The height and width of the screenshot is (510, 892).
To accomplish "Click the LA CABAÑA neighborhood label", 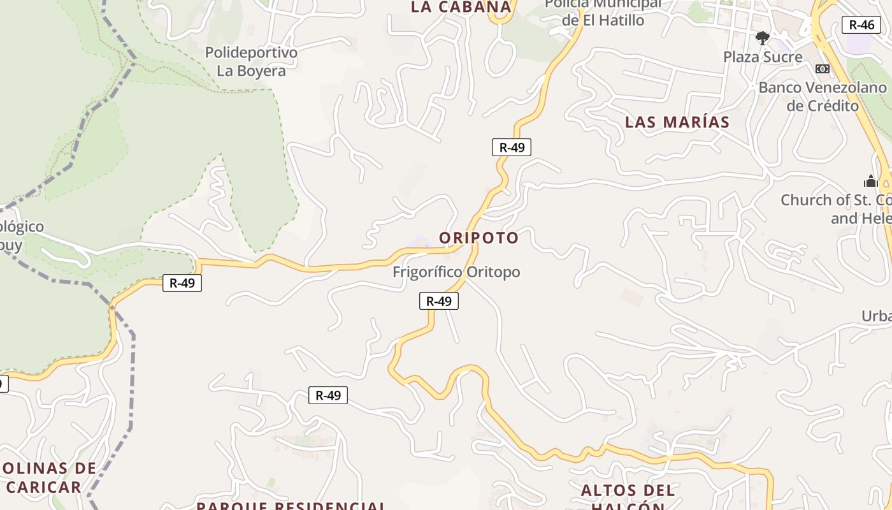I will pyautogui.click(x=461, y=7).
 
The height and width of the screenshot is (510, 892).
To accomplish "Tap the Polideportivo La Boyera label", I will pyautogui.click(x=251, y=61).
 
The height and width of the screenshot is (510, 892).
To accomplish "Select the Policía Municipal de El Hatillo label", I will pyautogui.click(x=603, y=13).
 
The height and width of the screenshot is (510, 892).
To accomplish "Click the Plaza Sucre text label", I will pyautogui.click(x=763, y=57).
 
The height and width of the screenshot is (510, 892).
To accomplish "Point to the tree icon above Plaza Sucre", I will pyautogui.click(x=762, y=38).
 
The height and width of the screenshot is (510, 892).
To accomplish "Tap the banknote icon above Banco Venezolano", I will pyautogui.click(x=822, y=69).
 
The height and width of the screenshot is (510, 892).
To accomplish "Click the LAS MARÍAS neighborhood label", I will pyautogui.click(x=677, y=122).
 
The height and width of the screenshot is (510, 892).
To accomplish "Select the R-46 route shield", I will pyautogui.click(x=861, y=25).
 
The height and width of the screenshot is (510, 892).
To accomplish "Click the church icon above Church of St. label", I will pyautogui.click(x=870, y=181).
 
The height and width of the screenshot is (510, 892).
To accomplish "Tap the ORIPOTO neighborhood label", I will pyautogui.click(x=478, y=238).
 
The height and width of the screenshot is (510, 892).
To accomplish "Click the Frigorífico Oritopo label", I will pyautogui.click(x=456, y=272).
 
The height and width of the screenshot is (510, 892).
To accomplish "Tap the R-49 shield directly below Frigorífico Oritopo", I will pyautogui.click(x=439, y=301).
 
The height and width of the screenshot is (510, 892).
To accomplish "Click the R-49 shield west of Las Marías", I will pyautogui.click(x=512, y=147).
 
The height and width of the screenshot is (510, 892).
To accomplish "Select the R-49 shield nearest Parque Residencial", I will pyautogui.click(x=328, y=395).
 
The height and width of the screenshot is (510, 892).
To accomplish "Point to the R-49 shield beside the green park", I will pyautogui.click(x=182, y=283).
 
